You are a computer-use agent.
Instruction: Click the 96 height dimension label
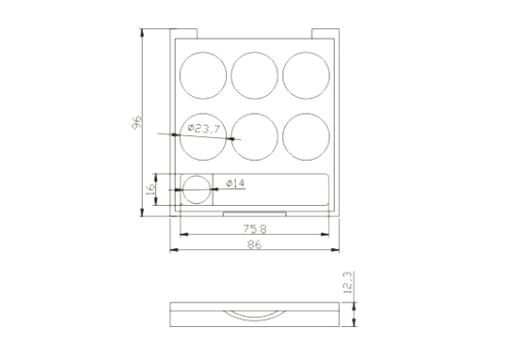137,122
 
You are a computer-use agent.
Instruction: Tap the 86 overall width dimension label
254,244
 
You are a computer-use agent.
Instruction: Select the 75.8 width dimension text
255,229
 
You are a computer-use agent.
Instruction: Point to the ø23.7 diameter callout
204,129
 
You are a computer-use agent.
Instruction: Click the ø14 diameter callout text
235,183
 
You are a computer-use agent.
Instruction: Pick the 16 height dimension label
151,189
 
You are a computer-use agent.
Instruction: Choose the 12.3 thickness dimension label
347,282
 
